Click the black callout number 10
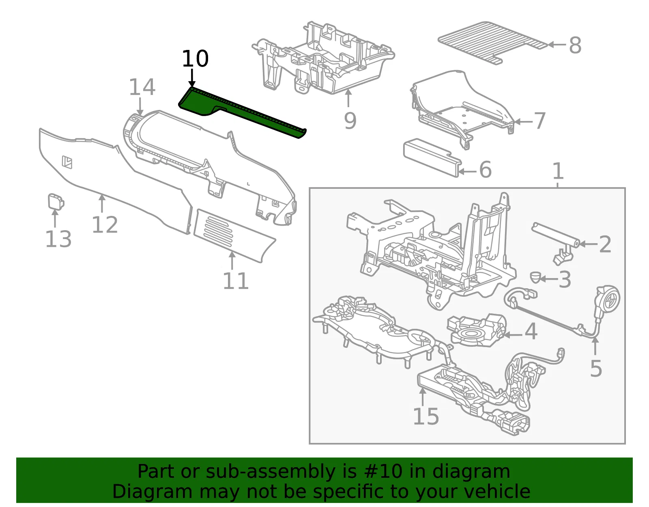[x=195, y=58]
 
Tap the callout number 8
[x=575, y=45]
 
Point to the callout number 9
[x=350, y=121]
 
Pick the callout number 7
[x=539, y=121]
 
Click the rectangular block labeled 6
[x=432, y=157]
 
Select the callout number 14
[x=142, y=87]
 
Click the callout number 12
[x=105, y=224]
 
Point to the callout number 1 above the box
[x=558, y=171]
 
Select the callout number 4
[x=531, y=331]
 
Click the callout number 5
[x=596, y=368]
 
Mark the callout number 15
[x=426, y=416]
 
